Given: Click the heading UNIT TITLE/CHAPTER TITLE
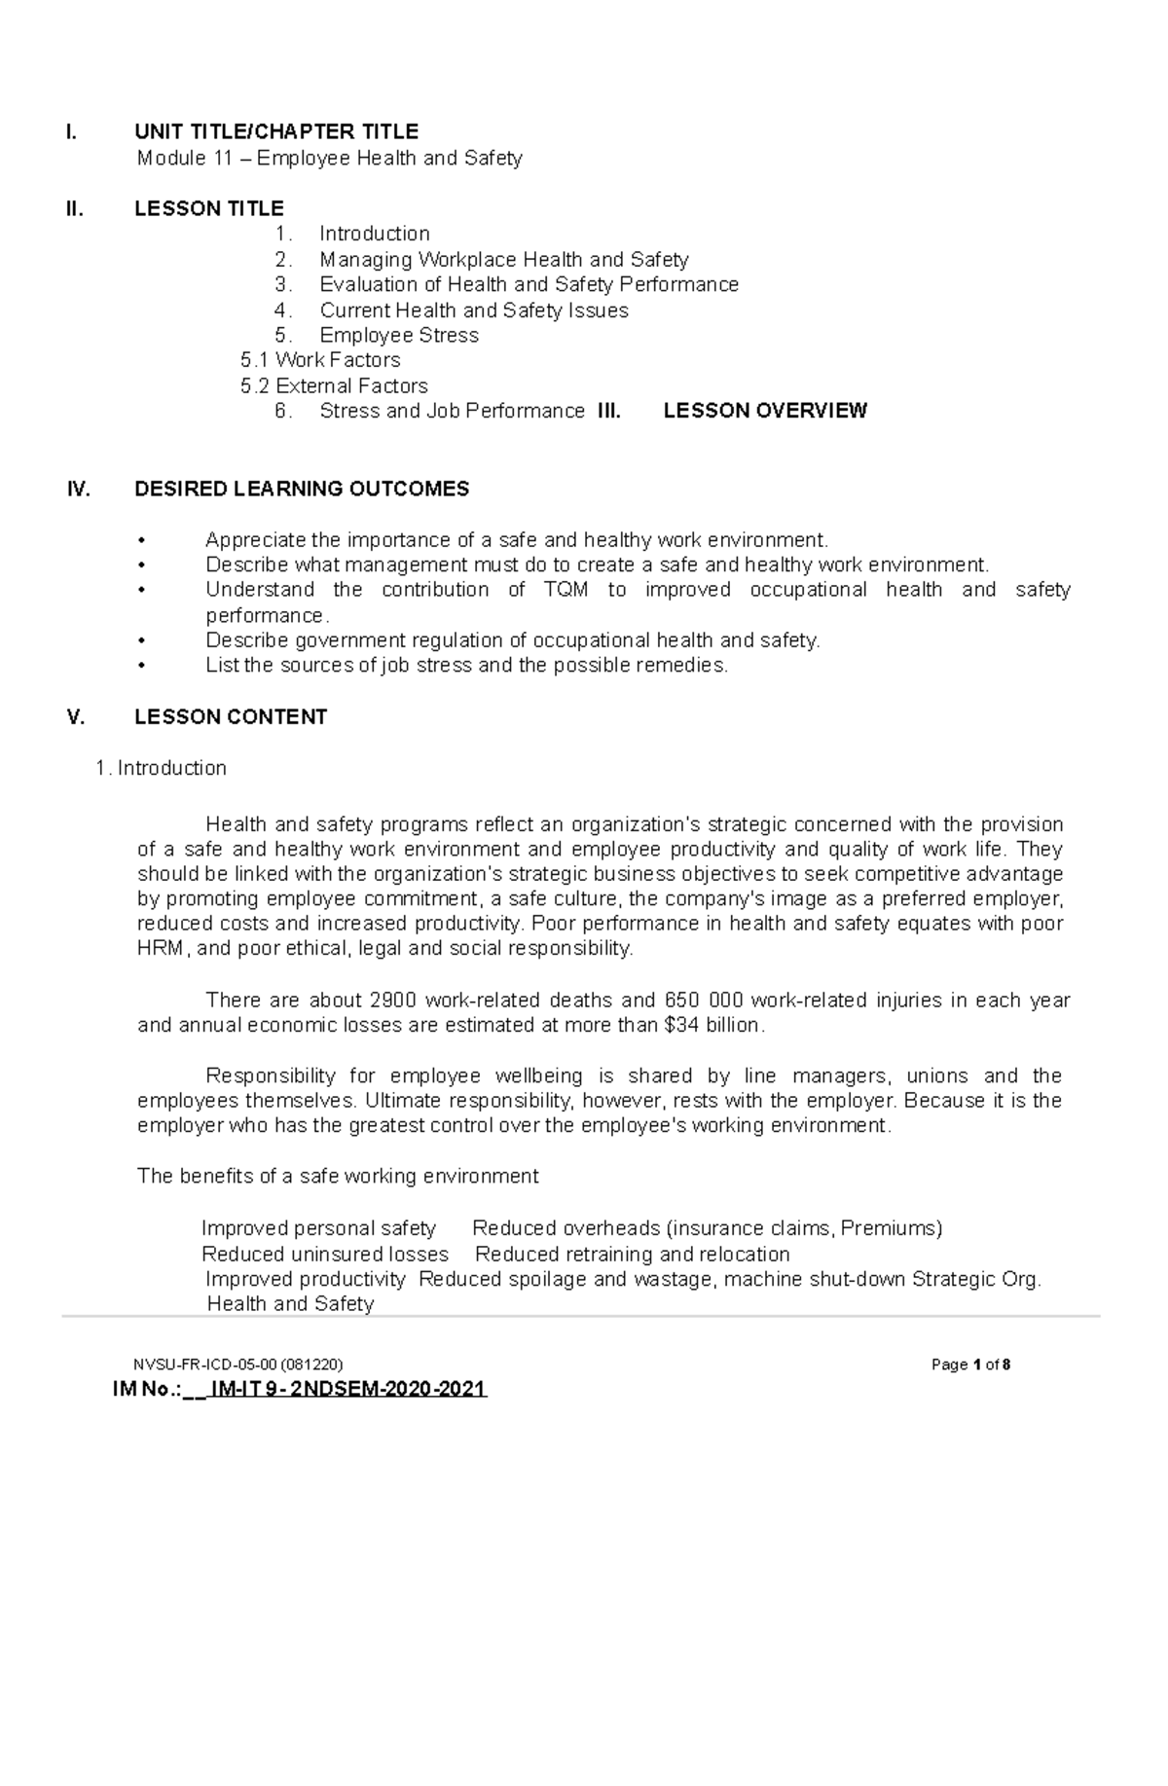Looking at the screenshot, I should tap(276, 131).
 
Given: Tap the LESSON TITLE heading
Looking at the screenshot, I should tap(209, 208).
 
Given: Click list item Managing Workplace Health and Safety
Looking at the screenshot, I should tap(503, 260).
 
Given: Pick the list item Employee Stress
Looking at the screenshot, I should tap(399, 336).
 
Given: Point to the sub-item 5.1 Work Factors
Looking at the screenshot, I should tap(320, 360).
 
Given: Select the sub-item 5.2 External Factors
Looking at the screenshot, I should tap(334, 386).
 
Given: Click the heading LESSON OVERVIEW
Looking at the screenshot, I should tap(764, 411).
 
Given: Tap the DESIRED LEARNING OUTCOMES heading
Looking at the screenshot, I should tap(302, 489).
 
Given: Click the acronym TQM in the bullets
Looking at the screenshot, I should tap(566, 590).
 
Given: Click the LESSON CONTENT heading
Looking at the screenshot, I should tap(231, 717).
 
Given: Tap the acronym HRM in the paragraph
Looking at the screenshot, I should tap(161, 949).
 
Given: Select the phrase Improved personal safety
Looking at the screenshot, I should tap(318, 1228).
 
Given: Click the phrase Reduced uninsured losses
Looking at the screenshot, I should tap(325, 1255).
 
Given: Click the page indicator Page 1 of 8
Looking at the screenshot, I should tap(970, 1365).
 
